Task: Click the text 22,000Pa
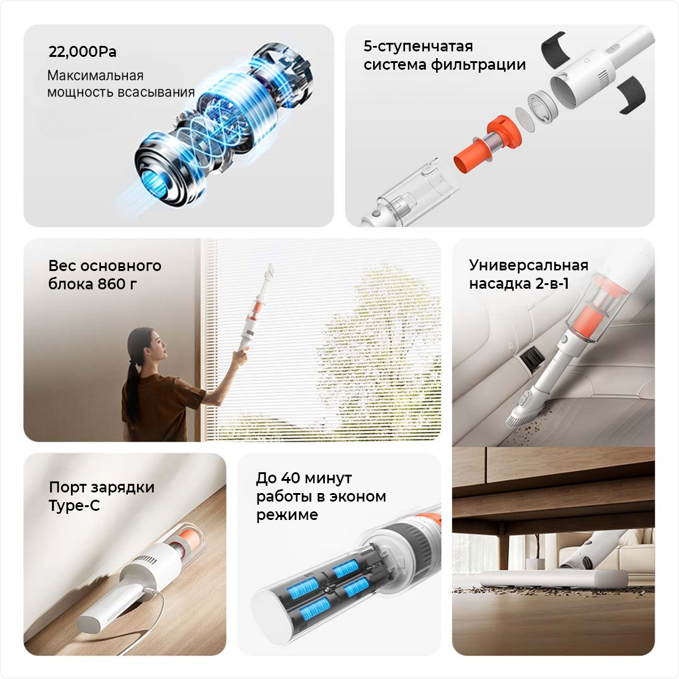[83, 52]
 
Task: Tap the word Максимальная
[95, 76]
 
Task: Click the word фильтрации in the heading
[478, 65]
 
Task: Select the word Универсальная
[529, 265]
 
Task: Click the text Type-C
[74, 505]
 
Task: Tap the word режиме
[287, 515]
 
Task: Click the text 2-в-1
[552, 284]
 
